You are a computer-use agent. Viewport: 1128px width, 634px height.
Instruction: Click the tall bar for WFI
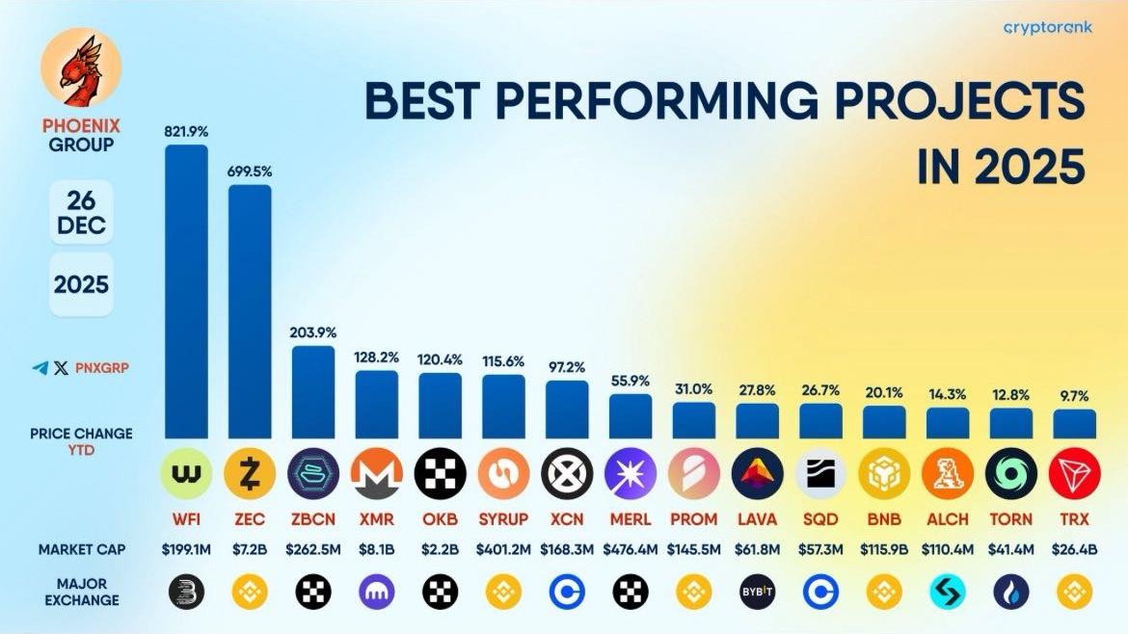(x=186, y=291)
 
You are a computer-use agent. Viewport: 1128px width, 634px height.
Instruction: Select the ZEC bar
(x=250, y=310)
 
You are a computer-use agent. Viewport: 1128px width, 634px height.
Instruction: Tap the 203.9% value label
(x=313, y=332)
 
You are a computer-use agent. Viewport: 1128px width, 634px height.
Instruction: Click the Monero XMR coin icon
(x=377, y=474)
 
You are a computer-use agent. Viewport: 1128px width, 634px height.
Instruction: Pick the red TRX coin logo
(x=1075, y=474)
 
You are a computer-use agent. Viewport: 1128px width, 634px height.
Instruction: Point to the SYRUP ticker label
(x=503, y=519)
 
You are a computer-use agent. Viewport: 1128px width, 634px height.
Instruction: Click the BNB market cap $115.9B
(x=884, y=550)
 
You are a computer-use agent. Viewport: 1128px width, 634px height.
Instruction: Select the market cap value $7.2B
(x=250, y=550)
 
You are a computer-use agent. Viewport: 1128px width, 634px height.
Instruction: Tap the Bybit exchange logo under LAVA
(x=758, y=593)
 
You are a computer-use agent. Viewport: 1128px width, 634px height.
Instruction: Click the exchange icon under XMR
(x=377, y=593)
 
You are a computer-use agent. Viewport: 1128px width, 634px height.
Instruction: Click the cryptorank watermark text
(x=1048, y=28)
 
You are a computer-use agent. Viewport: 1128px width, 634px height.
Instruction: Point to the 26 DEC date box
(x=82, y=213)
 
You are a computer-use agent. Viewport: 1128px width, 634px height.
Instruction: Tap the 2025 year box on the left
(x=82, y=285)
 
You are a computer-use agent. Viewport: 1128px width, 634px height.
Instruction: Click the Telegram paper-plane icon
(x=40, y=367)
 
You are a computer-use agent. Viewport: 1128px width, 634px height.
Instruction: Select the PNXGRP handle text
(x=102, y=367)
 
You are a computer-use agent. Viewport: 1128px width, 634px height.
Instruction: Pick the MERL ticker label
(x=631, y=519)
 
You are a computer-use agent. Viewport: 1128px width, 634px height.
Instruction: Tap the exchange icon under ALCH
(x=948, y=593)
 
